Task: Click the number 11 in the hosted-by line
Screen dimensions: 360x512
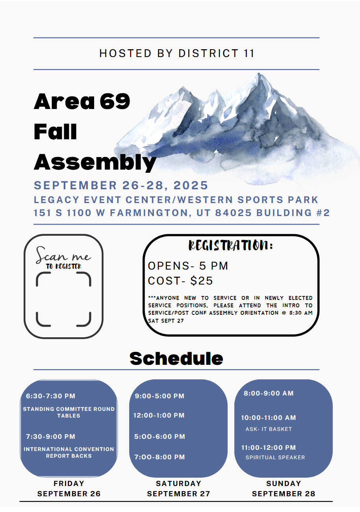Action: point(249,53)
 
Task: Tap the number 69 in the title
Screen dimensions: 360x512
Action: point(115,101)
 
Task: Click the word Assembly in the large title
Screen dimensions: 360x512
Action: point(95,163)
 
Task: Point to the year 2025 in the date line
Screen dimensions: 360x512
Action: point(191,185)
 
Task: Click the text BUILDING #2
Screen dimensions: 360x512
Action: point(293,213)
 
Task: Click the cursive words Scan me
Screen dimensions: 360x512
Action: point(63,255)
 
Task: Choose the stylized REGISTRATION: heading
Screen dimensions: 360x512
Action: point(230,246)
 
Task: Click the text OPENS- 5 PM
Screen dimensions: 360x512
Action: point(188,266)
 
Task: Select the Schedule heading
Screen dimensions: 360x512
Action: point(176,359)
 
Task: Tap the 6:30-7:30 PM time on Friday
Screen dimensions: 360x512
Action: point(50,396)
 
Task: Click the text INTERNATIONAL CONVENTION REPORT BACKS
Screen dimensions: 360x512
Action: point(69,452)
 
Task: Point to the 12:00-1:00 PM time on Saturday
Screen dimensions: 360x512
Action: point(159,415)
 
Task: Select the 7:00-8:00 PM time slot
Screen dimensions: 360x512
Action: point(160,457)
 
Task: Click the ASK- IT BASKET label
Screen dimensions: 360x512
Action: point(269,429)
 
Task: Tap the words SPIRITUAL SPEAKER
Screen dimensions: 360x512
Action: point(275,457)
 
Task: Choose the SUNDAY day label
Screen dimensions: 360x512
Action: point(284,483)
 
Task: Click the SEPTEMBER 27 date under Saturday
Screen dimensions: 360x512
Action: point(178,494)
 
